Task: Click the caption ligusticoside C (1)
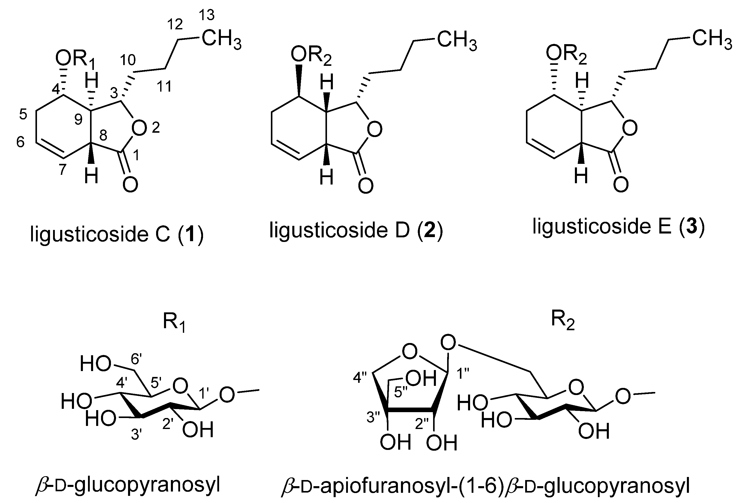117,235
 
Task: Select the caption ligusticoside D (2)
356,230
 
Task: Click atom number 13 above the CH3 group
207,15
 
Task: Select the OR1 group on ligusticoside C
75,60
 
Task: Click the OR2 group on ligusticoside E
566,54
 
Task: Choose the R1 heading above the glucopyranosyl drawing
174,322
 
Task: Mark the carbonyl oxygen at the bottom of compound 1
130,185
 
